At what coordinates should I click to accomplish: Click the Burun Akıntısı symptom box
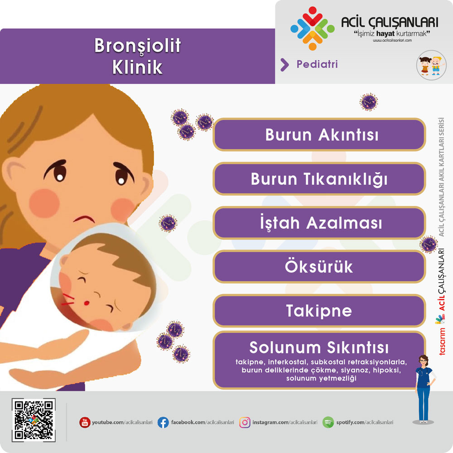(319, 135)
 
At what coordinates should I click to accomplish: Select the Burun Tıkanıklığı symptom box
(319, 178)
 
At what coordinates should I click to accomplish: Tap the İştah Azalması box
(319, 223)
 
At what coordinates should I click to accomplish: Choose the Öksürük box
(319, 267)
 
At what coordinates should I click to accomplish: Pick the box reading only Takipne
(319, 311)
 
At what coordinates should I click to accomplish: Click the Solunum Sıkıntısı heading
(319, 347)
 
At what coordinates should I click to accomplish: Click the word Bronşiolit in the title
(138, 46)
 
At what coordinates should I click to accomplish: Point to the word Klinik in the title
(137, 67)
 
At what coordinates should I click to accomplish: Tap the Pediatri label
(317, 64)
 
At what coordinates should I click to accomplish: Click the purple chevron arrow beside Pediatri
(284, 65)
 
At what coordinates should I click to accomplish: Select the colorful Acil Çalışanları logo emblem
(312, 29)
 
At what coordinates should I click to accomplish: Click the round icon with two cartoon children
(431, 65)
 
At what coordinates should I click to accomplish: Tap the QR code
(34, 420)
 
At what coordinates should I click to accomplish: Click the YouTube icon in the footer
(85, 422)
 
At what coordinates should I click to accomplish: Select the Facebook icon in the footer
(163, 422)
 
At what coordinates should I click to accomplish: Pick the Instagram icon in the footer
(245, 422)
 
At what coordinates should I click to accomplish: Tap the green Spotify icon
(328, 422)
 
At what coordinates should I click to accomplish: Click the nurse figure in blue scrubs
(424, 389)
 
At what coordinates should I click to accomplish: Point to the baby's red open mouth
(87, 303)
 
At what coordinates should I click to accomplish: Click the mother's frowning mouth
(84, 219)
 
